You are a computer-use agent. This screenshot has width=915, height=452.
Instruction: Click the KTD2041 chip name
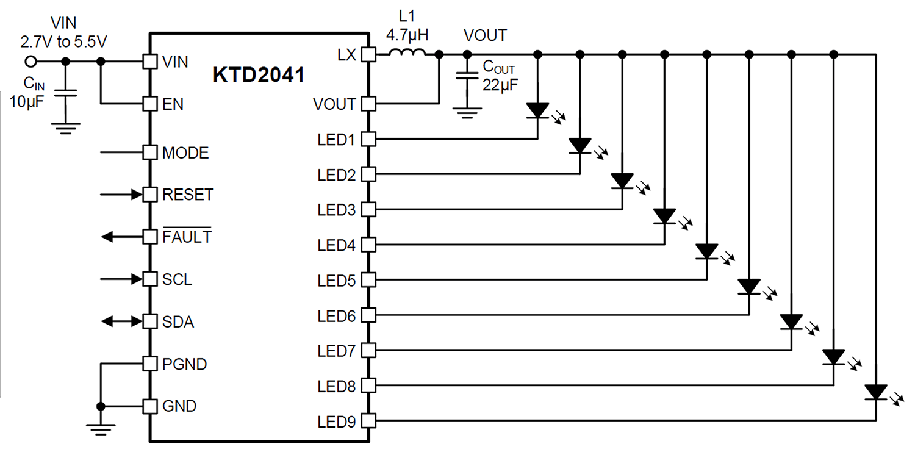pyautogui.click(x=259, y=75)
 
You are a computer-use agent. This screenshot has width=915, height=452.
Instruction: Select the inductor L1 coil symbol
pyautogui.click(x=407, y=52)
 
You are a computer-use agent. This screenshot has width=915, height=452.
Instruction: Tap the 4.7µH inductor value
pyautogui.click(x=407, y=35)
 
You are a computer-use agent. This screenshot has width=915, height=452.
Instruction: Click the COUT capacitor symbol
pyautogui.click(x=467, y=76)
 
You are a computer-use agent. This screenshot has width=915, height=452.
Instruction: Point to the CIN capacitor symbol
pyautogui.click(x=65, y=93)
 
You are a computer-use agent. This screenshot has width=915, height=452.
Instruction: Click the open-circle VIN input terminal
pyautogui.click(x=30, y=62)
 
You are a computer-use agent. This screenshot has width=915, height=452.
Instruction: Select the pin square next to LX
pyautogui.click(x=368, y=54)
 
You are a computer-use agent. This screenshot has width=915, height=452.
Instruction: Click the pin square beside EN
pyautogui.click(x=150, y=104)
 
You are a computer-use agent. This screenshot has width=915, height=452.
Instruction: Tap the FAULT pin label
pyautogui.click(x=187, y=236)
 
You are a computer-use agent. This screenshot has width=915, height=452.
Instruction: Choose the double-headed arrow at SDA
pyautogui.click(x=122, y=321)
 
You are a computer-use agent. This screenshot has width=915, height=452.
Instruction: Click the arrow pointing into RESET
pyautogui.click(x=122, y=195)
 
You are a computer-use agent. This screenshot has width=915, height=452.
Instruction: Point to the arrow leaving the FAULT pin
pyautogui.click(x=122, y=237)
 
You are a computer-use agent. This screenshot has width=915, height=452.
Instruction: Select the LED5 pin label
pyautogui.click(x=337, y=281)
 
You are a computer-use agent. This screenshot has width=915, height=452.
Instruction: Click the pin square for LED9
pyautogui.click(x=368, y=420)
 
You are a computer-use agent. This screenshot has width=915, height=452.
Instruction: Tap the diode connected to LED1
pyautogui.click(x=537, y=110)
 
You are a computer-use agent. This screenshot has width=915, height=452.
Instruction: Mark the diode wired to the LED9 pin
pyautogui.click(x=876, y=392)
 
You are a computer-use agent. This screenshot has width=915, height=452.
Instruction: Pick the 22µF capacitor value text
pyautogui.click(x=500, y=85)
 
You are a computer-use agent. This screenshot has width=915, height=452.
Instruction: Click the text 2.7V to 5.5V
pyautogui.click(x=63, y=41)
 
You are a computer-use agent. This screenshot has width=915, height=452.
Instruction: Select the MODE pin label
pyautogui.click(x=185, y=153)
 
